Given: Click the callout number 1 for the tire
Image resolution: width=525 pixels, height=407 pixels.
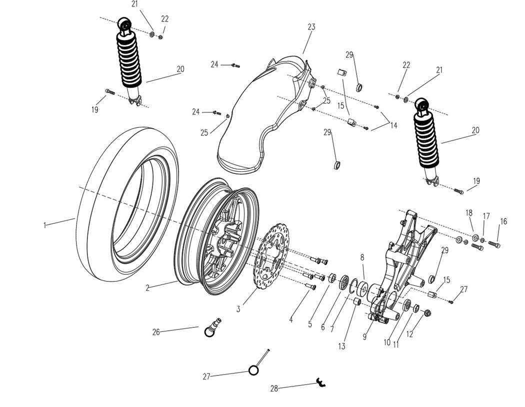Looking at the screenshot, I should pyautogui.click(x=44, y=226).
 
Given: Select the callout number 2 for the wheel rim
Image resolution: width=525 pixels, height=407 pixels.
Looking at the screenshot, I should pyautogui.click(x=147, y=288).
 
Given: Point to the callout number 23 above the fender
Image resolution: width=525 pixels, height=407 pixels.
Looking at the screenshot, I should pyautogui.click(x=311, y=27).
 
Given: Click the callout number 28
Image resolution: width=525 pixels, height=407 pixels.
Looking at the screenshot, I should pyautogui.click(x=274, y=388).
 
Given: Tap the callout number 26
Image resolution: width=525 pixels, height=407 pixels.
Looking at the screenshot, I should pyautogui.click(x=156, y=332).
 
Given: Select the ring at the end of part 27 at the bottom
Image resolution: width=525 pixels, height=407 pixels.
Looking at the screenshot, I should pyautogui.click(x=253, y=370).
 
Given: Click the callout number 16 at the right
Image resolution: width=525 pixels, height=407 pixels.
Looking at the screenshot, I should pyautogui.click(x=503, y=221).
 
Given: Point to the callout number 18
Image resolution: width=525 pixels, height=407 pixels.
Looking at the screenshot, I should pyautogui.click(x=468, y=213).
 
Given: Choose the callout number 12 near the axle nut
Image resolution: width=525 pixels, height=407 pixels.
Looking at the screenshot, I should pyautogui.click(x=409, y=334).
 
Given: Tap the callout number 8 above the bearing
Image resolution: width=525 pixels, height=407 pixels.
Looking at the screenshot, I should pyautogui.click(x=362, y=257).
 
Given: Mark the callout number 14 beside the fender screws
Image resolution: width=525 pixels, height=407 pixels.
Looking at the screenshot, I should pyautogui.click(x=393, y=125).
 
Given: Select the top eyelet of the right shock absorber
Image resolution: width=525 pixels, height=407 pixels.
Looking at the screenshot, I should pyautogui.click(x=421, y=105).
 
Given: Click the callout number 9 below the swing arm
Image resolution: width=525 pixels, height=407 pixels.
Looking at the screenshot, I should pyautogui.click(x=364, y=337).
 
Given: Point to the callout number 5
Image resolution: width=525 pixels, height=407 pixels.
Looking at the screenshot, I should pyautogui.click(x=310, y=324).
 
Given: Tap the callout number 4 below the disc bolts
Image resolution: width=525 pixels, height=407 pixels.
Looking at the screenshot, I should pyautogui.click(x=291, y=319).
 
